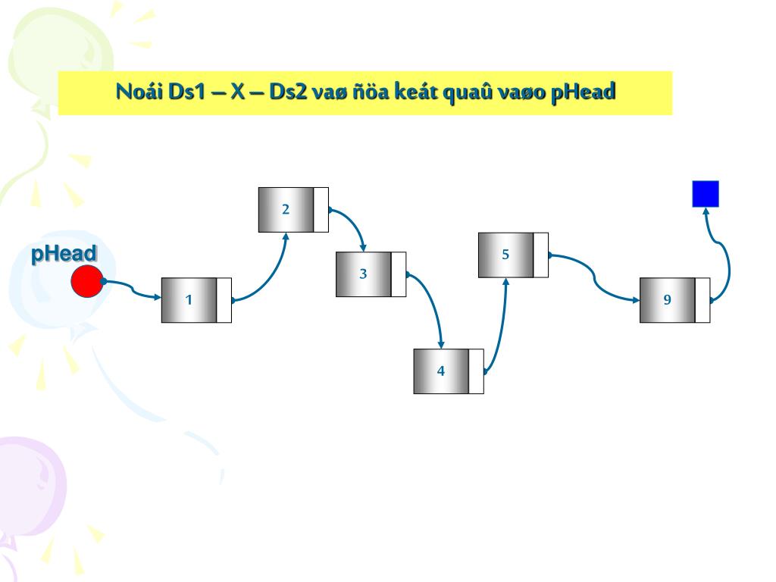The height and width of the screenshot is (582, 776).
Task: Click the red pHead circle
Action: [x=86, y=281]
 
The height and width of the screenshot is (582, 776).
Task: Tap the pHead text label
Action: [x=64, y=254]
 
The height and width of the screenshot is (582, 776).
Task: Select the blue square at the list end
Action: [x=705, y=194]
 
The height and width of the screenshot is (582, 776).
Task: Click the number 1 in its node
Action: [x=189, y=300]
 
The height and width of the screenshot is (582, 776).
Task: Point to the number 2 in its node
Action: [x=286, y=210]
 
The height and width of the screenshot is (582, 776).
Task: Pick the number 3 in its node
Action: [x=363, y=274]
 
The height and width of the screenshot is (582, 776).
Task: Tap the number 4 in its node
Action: [x=440, y=371]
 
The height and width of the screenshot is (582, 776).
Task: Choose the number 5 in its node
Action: [x=505, y=255]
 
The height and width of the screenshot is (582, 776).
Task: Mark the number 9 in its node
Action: [x=667, y=300]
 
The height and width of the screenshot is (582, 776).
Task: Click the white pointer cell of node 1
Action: [x=224, y=300]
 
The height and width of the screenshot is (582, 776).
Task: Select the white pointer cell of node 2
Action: [x=321, y=210]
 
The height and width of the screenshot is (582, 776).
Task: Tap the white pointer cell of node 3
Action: [x=399, y=274]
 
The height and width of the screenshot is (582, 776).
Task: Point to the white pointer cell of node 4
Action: [x=476, y=371]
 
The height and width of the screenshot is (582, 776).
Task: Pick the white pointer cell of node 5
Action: [x=541, y=255]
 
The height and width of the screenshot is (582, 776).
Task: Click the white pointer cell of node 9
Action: [x=702, y=300]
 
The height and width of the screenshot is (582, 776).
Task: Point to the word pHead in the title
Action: [x=584, y=92]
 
